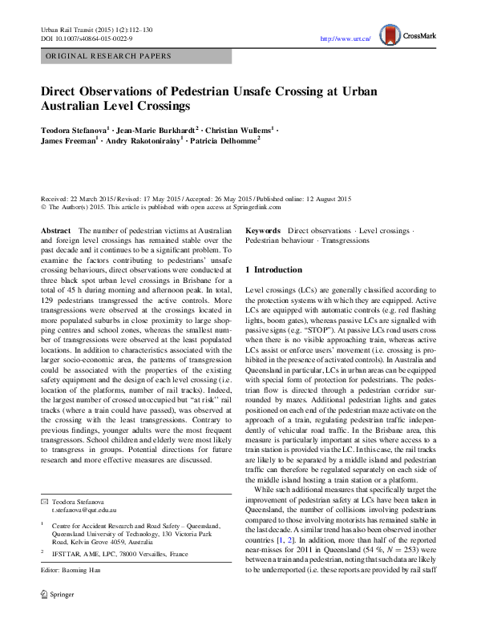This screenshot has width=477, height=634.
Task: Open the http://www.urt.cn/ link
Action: [345, 38]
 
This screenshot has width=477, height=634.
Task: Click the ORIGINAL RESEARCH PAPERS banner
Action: [108, 56]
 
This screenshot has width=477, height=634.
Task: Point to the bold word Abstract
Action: [56, 231]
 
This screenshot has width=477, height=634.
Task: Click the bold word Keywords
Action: [263, 231]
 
